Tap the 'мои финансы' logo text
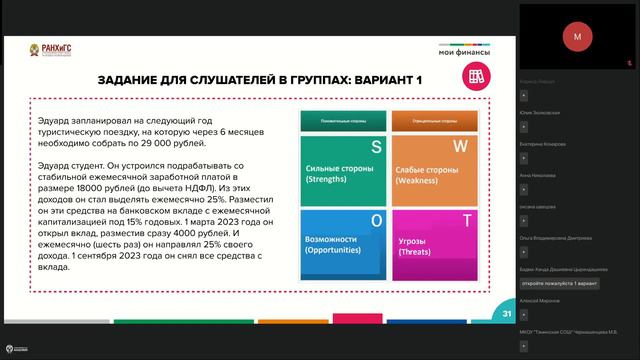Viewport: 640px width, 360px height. click(x=461, y=52)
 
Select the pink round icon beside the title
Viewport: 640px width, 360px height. click(x=476, y=78)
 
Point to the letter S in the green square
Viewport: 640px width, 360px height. click(x=376, y=146)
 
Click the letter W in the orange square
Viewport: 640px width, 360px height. click(x=461, y=146)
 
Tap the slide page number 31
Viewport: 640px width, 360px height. click(x=507, y=314)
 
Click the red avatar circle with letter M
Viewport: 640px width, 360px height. click(x=576, y=35)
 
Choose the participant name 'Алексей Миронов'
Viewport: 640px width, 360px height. click(x=540, y=300)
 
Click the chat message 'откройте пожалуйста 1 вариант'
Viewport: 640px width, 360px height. click(x=559, y=284)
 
